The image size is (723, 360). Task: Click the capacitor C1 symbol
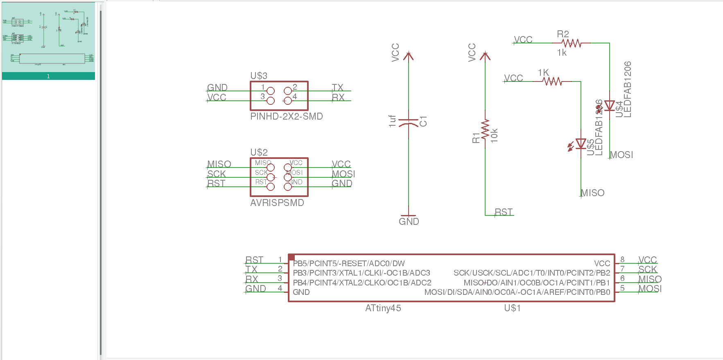[409, 122]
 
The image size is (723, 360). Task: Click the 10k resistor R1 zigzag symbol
[486, 130]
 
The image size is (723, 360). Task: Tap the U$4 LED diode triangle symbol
[610, 106]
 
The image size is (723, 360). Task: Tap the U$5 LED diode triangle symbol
[581, 144]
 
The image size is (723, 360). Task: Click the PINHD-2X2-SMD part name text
[286, 116]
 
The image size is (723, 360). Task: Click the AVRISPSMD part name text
[277, 203]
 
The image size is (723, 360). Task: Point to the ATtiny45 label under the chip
[383, 308]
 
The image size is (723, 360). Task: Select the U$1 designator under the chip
[512, 308]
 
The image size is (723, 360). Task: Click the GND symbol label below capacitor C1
[409, 222]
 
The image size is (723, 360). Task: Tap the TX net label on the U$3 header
[337, 88]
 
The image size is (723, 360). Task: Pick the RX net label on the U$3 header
[338, 97]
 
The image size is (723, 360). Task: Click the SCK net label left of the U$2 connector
[216, 174]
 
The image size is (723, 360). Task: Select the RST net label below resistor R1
[503, 212]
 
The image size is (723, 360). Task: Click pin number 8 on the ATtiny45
[622, 259]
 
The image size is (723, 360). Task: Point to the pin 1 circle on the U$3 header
[271, 91]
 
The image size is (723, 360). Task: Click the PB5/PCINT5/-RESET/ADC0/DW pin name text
[348, 263]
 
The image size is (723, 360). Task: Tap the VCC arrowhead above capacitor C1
[408, 56]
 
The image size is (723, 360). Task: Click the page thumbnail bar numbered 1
[48, 76]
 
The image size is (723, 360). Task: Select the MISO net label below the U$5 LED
[592, 193]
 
